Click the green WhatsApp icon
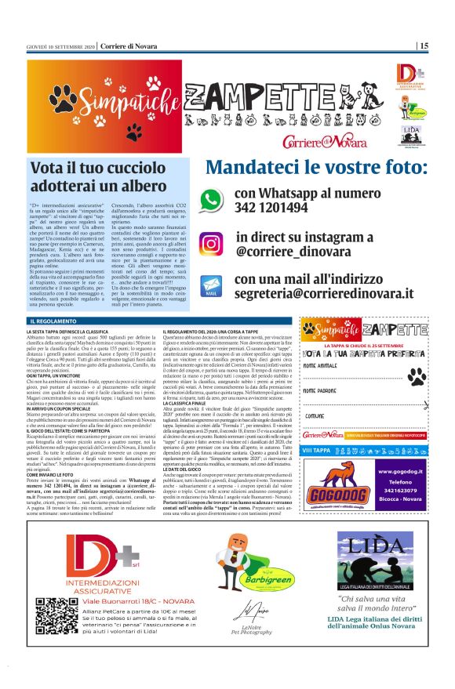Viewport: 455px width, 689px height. (210, 200)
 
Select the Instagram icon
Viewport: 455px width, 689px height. (210, 244)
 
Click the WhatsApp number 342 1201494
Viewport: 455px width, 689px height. (271, 208)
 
